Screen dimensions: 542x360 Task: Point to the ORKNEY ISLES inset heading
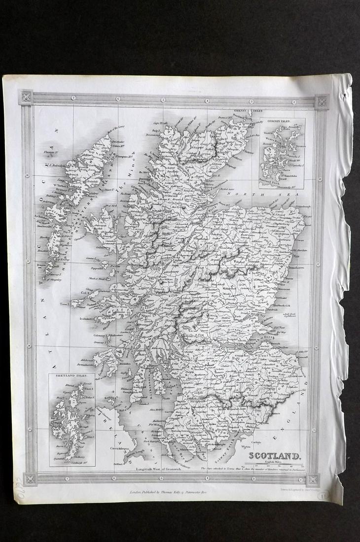[280, 121]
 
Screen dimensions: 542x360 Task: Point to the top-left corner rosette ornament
[26, 97]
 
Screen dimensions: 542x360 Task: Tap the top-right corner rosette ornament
[322, 102]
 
